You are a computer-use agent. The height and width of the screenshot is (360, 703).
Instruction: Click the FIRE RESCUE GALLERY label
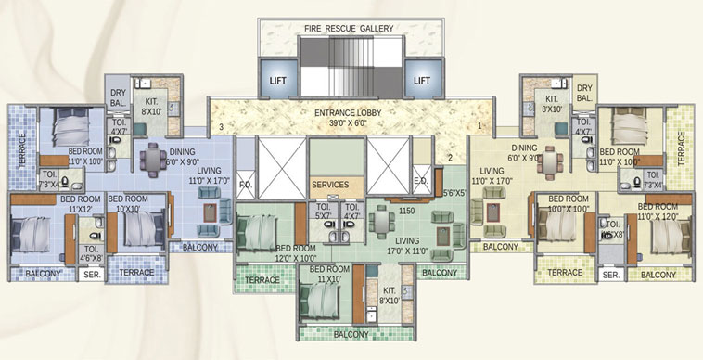(x=348, y=28)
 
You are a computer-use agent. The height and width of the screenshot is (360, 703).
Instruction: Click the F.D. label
(x=245, y=183)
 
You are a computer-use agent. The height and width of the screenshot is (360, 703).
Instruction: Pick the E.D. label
(x=419, y=181)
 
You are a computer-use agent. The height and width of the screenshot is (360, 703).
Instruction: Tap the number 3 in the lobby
(x=221, y=126)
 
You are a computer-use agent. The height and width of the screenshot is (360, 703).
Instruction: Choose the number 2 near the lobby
(x=450, y=158)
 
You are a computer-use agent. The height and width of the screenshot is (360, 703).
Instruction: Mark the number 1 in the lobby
(x=479, y=126)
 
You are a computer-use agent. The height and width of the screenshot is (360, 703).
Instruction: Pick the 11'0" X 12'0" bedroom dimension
(x=650, y=215)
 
